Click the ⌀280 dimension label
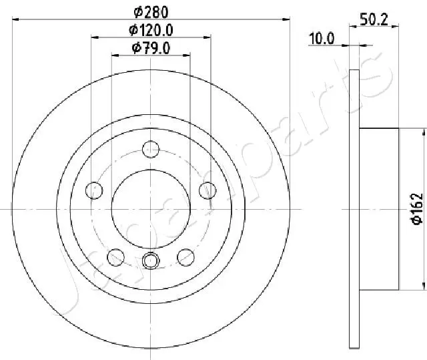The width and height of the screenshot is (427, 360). click(151, 11)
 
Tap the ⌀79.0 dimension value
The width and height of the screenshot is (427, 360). click(151, 47)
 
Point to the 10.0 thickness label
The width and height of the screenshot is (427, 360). click(321, 39)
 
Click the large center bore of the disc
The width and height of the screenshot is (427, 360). click(151, 208)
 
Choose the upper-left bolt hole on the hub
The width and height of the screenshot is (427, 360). click(95, 190)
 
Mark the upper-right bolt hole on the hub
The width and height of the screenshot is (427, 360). click(207, 190)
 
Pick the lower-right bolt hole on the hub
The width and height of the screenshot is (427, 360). click(186, 256)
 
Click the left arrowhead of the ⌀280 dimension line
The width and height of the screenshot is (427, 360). click(17, 20)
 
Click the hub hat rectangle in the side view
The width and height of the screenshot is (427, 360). click(378, 208)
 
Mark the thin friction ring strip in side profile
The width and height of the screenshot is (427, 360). click(354, 208)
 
